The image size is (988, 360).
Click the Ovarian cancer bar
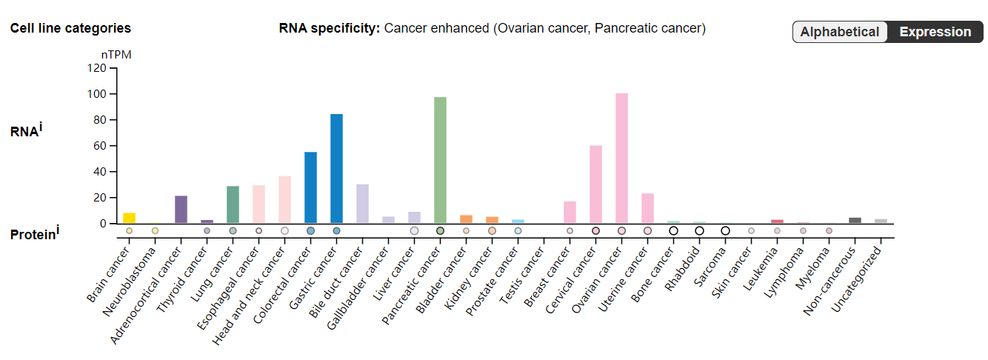[621, 159]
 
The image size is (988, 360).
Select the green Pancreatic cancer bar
[440, 160]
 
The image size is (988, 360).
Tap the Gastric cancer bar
[336, 169]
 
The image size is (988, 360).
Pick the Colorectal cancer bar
[310, 187]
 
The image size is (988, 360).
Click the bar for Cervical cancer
[595, 184]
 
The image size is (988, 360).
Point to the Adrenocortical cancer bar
[181, 210]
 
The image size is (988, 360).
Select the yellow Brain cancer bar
[129, 218]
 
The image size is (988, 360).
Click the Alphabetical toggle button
[839, 32]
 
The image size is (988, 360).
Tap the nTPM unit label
[116, 55]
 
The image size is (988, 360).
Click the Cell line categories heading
[70, 28]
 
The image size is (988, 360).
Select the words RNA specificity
[329, 28]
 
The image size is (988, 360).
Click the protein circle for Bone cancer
[673, 231]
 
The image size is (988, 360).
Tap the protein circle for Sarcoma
[725, 231]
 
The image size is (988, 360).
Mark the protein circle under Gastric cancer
[336, 231]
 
